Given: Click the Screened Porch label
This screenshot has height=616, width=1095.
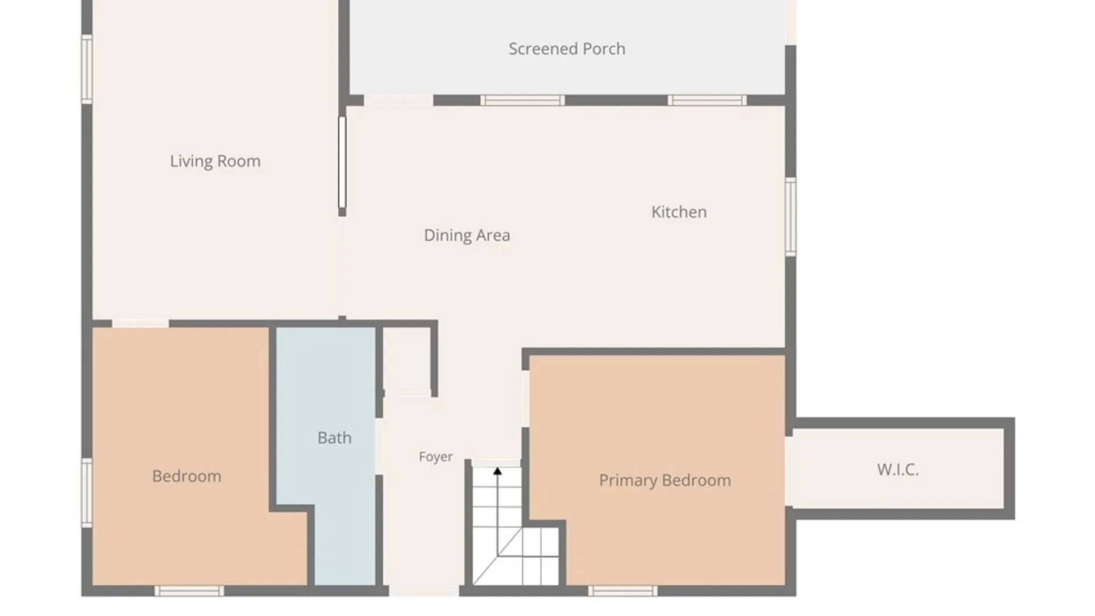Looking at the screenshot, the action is pos(567,49).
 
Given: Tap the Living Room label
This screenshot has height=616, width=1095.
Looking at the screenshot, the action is pos(215,161).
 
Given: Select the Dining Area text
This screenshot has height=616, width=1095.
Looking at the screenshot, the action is pos(467,236).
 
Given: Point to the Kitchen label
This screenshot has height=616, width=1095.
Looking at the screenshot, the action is pos(679,212).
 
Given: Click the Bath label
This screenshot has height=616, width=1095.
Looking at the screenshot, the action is pos(334,437).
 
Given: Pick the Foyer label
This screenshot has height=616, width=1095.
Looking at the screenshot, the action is pos(435,457).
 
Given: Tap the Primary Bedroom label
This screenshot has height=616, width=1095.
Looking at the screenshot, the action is pos(664,480).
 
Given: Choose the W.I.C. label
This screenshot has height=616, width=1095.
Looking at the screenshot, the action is pos(898,469).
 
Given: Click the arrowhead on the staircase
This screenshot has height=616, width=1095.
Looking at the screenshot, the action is pos(497,471).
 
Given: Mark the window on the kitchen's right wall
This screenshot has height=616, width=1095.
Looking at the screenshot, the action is pos(790,217).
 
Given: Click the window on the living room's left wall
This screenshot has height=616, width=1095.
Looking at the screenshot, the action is pos(87,69).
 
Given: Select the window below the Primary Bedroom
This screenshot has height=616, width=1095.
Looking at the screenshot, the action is pos(623,591).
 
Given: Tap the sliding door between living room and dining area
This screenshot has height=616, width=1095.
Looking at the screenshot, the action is pos(342,163).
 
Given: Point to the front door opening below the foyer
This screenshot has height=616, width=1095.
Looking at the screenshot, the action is pos(424,591).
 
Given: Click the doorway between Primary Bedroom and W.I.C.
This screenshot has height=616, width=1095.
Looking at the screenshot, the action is pos(789,471).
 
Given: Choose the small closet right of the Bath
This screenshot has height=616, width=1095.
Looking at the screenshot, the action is pos(407,359).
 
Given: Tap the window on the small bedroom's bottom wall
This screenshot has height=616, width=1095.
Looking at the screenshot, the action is pos(189,591).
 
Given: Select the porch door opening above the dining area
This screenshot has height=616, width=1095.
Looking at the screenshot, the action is pos(399,100).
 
